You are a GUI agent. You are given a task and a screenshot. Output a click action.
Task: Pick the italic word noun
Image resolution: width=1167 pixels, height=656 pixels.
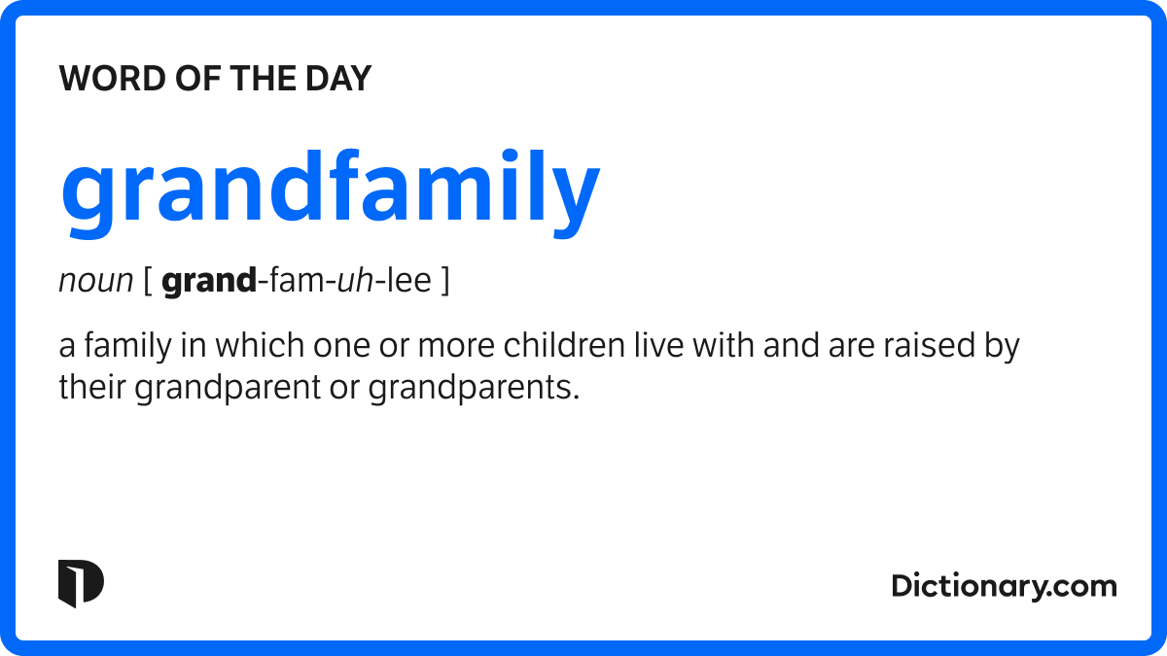(x=95, y=282)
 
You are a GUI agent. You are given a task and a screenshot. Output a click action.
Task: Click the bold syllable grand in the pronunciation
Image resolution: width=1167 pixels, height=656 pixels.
(x=208, y=283)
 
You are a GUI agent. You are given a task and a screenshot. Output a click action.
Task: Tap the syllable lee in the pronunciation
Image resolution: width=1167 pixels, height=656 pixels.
(x=408, y=282)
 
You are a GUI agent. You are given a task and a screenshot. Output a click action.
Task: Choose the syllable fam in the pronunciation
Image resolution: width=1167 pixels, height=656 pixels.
(x=296, y=282)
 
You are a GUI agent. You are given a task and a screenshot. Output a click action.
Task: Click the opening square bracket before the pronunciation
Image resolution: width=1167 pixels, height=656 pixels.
(x=147, y=283)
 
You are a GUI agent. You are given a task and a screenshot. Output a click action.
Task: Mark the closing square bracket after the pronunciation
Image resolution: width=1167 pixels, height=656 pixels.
(x=444, y=283)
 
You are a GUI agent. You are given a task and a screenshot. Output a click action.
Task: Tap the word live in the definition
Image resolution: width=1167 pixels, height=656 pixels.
(x=658, y=346)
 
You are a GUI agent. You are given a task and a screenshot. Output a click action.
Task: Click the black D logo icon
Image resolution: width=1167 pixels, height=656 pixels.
(x=81, y=584)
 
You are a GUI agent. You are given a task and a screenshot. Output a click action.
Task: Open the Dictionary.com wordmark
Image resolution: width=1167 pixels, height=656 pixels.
(x=1004, y=586)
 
